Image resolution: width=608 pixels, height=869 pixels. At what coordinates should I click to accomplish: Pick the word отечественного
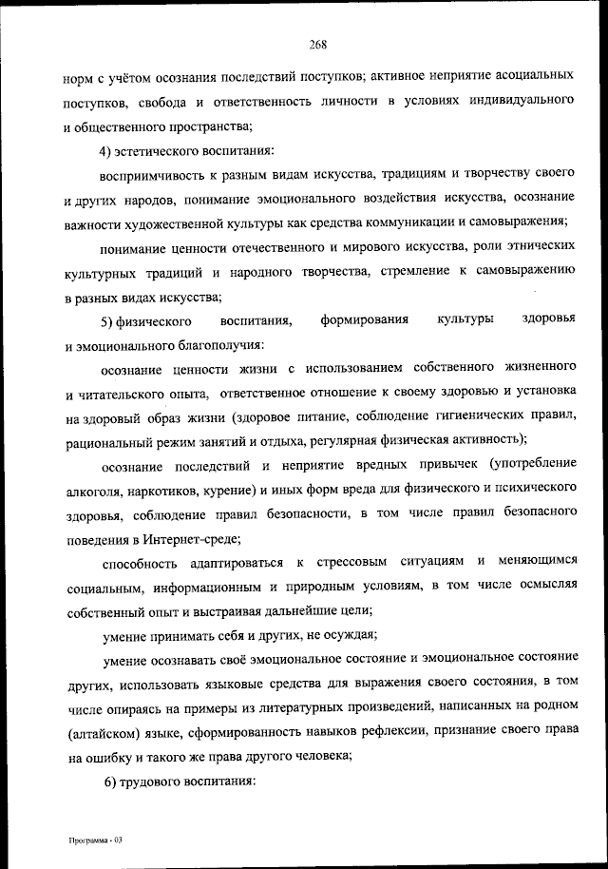pos(292,248)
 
